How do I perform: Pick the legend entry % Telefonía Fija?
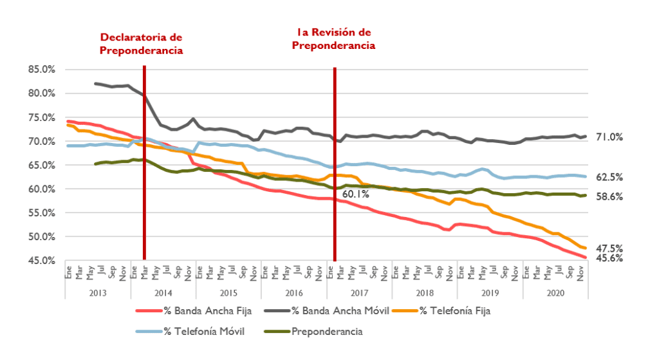(458, 311)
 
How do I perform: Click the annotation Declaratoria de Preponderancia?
(141, 44)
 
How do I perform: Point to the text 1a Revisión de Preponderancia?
(333, 39)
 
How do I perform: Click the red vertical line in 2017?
(335, 161)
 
